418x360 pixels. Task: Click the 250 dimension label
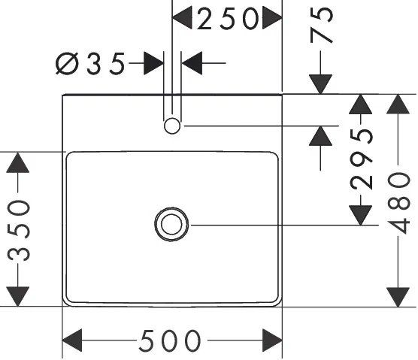point(228,18)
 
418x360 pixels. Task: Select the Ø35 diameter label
point(90,63)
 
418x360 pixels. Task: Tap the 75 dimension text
point(322,25)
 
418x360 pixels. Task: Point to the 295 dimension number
point(361,159)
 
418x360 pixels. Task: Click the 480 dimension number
point(398,203)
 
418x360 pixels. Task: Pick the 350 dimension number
point(18,231)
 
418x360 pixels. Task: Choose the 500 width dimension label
point(170,340)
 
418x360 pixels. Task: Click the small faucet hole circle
point(172,126)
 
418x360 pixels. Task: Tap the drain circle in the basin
point(171,225)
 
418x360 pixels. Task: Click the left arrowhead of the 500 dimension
point(72,340)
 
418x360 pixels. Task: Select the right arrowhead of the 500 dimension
point(272,340)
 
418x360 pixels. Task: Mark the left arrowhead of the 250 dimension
point(182,18)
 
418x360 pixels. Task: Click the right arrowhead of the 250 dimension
point(272,18)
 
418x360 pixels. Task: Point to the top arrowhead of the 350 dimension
point(18,162)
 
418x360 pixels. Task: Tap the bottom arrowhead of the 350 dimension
point(18,297)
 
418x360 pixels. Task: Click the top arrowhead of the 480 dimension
point(398,104)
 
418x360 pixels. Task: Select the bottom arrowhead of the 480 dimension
point(398,297)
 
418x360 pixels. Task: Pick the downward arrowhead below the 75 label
point(321,84)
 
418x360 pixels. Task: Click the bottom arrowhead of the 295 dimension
point(361,215)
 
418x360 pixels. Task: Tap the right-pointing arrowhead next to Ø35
point(153,63)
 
